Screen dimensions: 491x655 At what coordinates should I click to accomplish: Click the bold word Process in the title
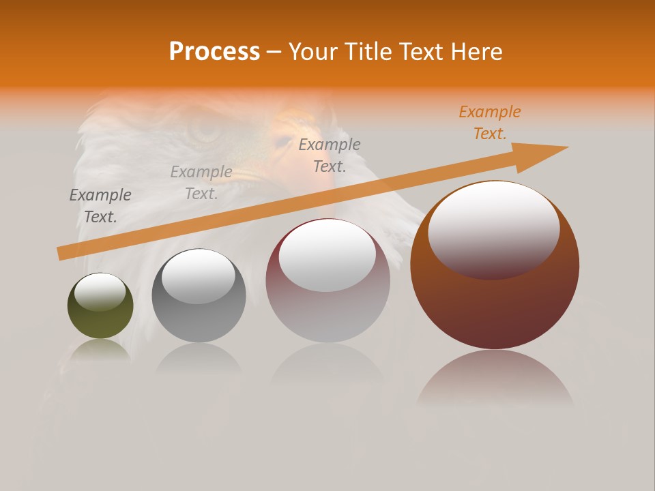click(x=214, y=52)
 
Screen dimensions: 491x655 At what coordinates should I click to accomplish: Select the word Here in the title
click(x=474, y=52)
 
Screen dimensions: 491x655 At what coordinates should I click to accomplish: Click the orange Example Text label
click(x=490, y=123)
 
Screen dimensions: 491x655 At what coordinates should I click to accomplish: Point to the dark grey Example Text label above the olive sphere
click(x=100, y=205)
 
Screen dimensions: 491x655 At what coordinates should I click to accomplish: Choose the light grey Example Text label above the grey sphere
click(x=201, y=183)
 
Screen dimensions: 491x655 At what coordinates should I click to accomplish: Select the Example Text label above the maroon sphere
click(x=330, y=155)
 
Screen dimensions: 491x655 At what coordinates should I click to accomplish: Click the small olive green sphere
click(x=100, y=321)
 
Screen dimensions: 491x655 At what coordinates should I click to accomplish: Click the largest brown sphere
click(x=495, y=300)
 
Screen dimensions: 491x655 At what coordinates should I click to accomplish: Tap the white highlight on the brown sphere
click(x=493, y=228)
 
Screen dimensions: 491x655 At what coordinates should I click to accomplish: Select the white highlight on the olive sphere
click(x=100, y=292)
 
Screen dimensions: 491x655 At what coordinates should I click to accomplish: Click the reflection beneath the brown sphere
click(x=495, y=375)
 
